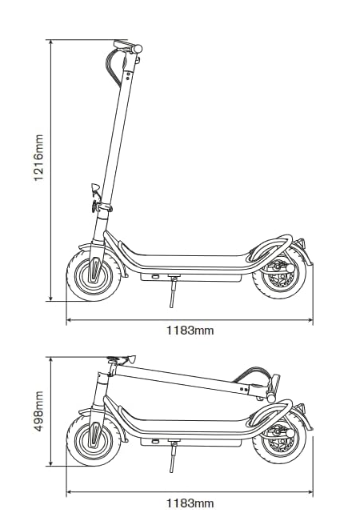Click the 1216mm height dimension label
pos(38,158)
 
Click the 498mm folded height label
pos(38,411)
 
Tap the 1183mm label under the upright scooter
pos(190,331)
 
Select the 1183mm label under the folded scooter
pos(190,503)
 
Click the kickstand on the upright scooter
pos(173,292)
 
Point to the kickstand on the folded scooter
pos(173,457)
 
